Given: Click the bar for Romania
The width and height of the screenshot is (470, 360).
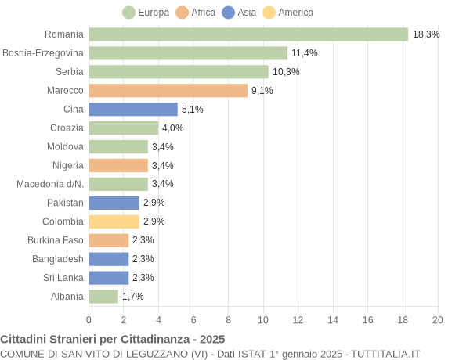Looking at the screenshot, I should click(248, 34).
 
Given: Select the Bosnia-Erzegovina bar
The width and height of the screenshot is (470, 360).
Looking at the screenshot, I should click(188, 53).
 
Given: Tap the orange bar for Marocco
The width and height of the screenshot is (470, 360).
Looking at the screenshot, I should click(168, 91).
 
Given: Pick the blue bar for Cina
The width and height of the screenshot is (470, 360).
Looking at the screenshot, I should click(133, 110).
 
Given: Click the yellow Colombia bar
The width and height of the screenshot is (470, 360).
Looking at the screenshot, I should click(114, 221).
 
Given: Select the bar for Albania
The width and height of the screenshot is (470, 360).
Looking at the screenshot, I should click(103, 297).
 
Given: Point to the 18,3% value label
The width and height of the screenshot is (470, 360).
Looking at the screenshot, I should click(426, 34).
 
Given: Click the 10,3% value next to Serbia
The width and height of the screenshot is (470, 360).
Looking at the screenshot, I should click(286, 72).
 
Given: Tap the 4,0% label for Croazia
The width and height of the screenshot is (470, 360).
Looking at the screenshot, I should click(172, 128).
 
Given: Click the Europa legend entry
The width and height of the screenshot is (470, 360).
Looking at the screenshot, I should click(146, 13).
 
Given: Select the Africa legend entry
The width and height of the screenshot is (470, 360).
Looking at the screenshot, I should click(196, 13).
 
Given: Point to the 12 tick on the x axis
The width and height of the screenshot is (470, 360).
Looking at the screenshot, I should click(298, 320).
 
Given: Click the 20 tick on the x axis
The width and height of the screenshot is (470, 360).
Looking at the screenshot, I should click(437, 320).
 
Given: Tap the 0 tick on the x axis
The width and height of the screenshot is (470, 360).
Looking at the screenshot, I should click(89, 320).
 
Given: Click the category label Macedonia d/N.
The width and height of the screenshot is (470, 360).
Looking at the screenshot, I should click(50, 184).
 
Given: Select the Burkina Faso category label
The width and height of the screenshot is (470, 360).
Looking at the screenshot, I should click(56, 240).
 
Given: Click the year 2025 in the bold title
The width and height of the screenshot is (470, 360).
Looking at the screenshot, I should click(211, 340).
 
